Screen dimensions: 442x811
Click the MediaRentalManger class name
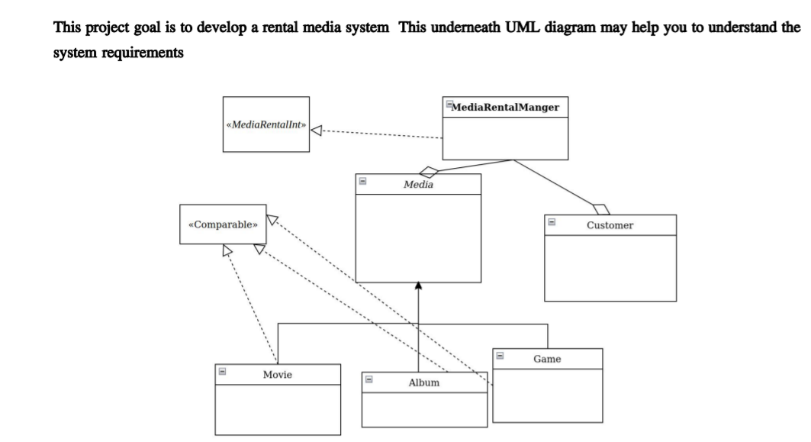(x=506, y=108)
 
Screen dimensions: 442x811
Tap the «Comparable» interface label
(x=223, y=224)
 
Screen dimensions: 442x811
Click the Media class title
(x=418, y=183)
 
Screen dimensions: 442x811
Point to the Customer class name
(x=610, y=225)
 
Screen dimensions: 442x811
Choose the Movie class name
(x=277, y=375)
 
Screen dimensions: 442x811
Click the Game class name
(x=547, y=357)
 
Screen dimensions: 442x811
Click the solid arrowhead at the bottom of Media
(x=418, y=286)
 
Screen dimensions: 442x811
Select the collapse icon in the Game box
(x=500, y=355)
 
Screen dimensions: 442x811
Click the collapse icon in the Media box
(x=363, y=181)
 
